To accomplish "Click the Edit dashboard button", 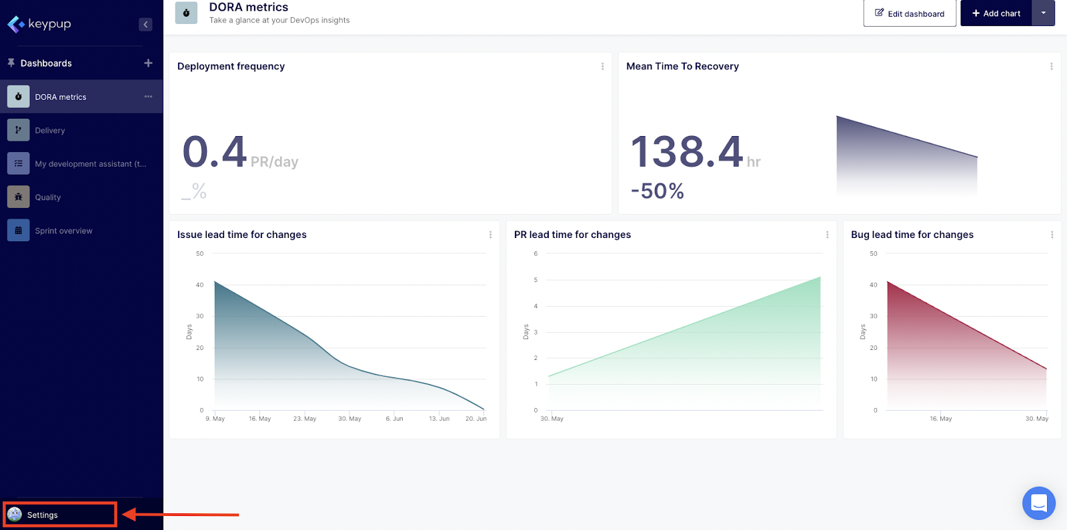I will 910,13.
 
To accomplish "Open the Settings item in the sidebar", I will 42,515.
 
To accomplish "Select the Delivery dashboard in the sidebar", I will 50,131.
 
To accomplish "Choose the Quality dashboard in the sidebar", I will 47,197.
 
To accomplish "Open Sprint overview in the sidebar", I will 63,231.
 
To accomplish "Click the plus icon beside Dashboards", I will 148,63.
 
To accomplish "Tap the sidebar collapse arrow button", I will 145,25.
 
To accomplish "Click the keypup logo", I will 39,24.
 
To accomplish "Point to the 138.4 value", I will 686,151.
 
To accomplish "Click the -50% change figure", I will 657,191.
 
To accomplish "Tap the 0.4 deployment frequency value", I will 215,151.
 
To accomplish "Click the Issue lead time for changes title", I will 241,235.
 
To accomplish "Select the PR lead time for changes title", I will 572,235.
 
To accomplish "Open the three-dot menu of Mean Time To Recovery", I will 1051,67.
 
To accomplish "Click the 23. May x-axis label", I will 305,419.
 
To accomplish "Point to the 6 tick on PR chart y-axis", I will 536,253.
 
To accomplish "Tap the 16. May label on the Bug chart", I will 940,419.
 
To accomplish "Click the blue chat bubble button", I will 1038,503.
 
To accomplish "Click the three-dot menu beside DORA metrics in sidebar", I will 148,97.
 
